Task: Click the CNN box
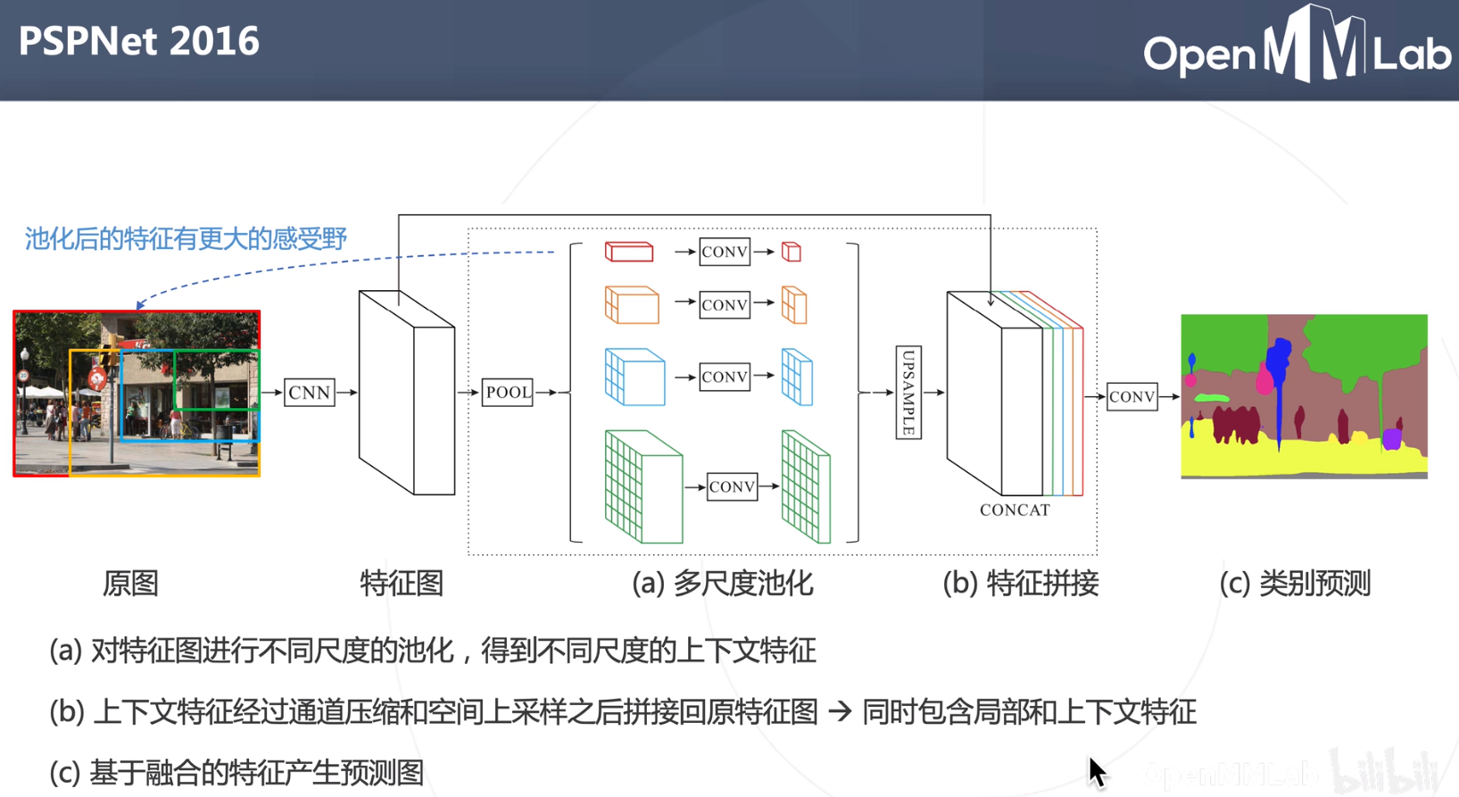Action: click(309, 393)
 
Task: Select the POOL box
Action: click(507, 393)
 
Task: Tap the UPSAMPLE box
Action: click(908, 393)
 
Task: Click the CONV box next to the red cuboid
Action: click(724, 253)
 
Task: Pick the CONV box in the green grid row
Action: click(732, 486)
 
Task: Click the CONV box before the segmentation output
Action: click(1132, 396)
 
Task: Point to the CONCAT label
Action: click(1015, 511)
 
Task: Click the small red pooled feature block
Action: click(629, 252)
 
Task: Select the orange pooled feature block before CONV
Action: click(632, 305)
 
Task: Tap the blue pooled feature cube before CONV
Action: click(634, 377)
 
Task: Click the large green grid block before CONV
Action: click(642, 487)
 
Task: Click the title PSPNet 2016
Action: click(138, 41)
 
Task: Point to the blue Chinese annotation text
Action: click(186, 239)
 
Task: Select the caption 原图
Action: click(130, 584)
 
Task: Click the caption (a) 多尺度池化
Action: click(722, 584)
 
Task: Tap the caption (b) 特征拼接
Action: click(1020, 584)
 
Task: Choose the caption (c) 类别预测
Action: click(1294, 584)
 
